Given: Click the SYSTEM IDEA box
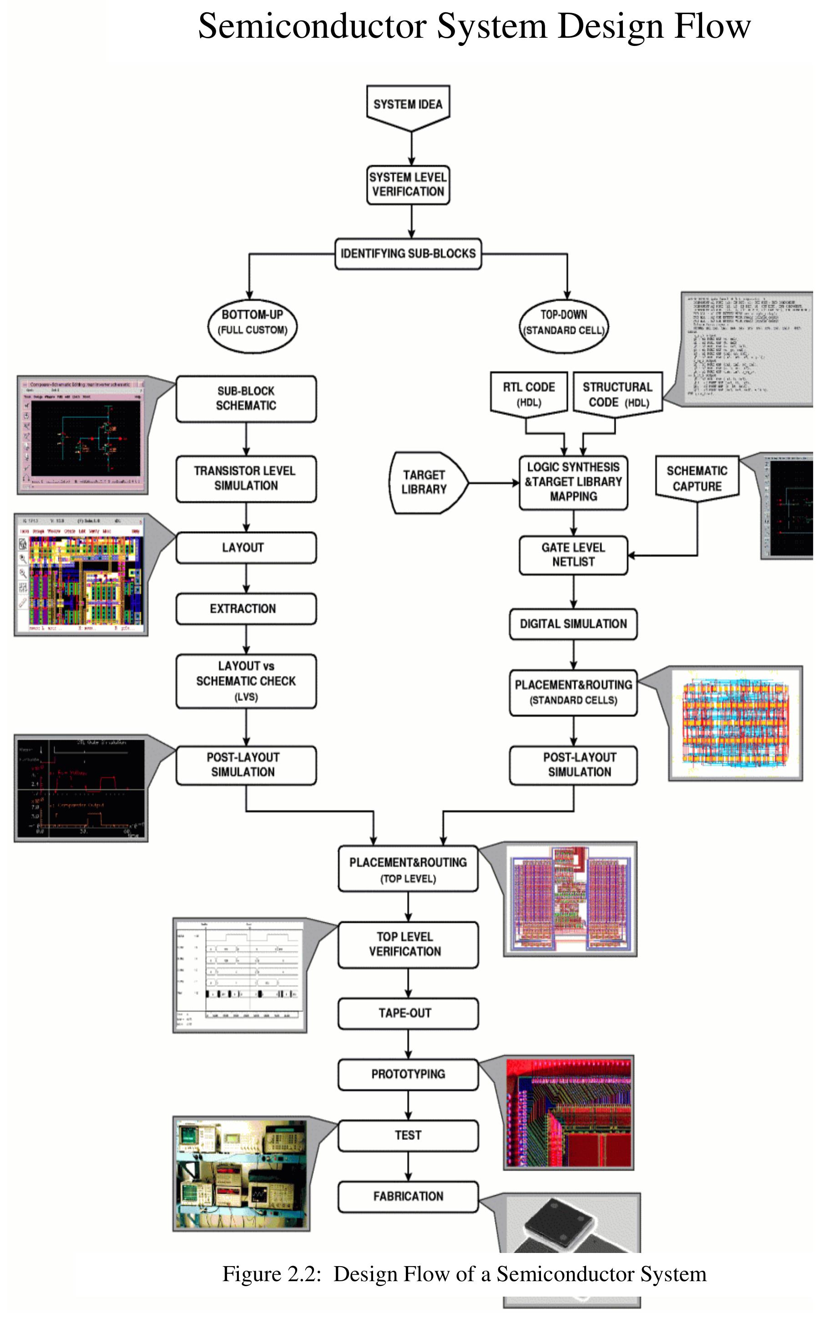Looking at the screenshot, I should [408, 105].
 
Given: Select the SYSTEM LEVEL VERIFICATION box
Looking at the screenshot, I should [408, 185].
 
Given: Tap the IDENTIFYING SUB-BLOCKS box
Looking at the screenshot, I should [408, 254].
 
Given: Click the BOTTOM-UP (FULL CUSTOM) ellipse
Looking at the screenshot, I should [253, 326].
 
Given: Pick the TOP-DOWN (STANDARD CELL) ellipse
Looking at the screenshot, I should [563, 326].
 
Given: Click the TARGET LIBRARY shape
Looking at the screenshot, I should [425, 482].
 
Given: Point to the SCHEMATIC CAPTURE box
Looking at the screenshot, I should [697, 478].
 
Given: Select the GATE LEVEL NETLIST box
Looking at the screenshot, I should [573, 555].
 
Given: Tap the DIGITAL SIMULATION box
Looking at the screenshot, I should [573, 624].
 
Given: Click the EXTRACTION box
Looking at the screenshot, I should [246, 609].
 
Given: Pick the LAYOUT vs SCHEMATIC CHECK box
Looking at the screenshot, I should [246, 681].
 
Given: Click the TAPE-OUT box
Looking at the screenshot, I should [408, 1013].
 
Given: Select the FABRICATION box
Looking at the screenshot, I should [408, 1196].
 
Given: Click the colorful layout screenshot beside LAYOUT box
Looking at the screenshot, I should [81, 575].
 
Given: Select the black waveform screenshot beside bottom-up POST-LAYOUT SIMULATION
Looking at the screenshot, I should [81, 788].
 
